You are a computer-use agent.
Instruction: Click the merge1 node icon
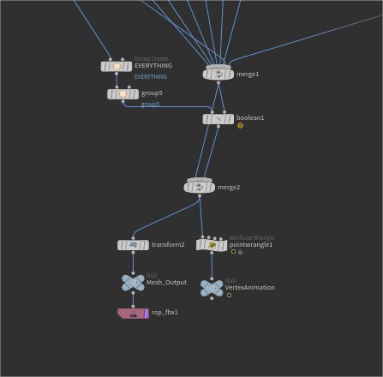click(218, 74)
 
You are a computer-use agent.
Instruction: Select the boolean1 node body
click(218, 119)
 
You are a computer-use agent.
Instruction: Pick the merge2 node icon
click(199, 187)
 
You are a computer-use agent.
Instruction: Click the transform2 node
click(133, 245)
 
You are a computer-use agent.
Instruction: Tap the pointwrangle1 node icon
click(212, 245)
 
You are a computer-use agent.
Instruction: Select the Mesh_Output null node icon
click(133, 283)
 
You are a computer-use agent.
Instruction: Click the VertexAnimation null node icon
click(212, 288)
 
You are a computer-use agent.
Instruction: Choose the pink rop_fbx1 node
click(133, 313)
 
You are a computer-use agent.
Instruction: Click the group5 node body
click(123, 94)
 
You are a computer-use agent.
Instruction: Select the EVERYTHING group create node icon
click(117, 67)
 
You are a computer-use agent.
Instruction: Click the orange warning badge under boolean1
click(240, 125)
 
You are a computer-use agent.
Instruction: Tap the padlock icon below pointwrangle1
click(241, 252)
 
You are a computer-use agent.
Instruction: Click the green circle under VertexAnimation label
click(229, 295)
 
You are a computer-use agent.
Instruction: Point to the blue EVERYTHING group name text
click(151, 77)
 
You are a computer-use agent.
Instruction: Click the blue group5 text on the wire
click(150, 105)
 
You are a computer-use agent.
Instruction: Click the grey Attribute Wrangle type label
click(252, 237)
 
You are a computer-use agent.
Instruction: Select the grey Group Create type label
click(152, 59)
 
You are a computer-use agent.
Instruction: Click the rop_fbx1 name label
click(165, 312)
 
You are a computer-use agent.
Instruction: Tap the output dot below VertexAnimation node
click(212, 298)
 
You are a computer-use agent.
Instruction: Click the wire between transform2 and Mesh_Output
click(133, 263)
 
